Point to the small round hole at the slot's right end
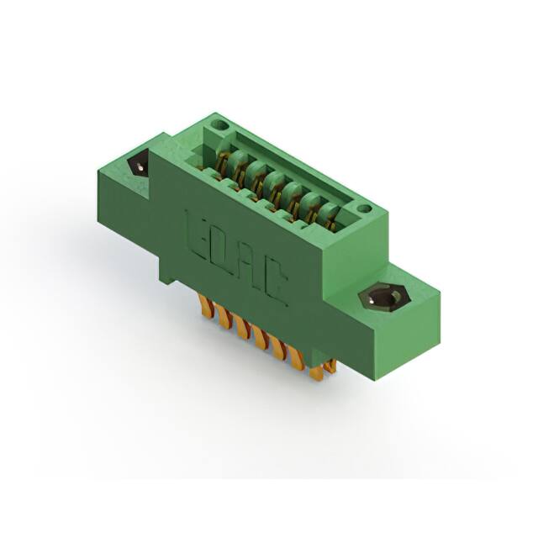coord(363,208)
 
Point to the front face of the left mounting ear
coord(126,202)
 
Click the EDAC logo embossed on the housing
coord(236,258)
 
